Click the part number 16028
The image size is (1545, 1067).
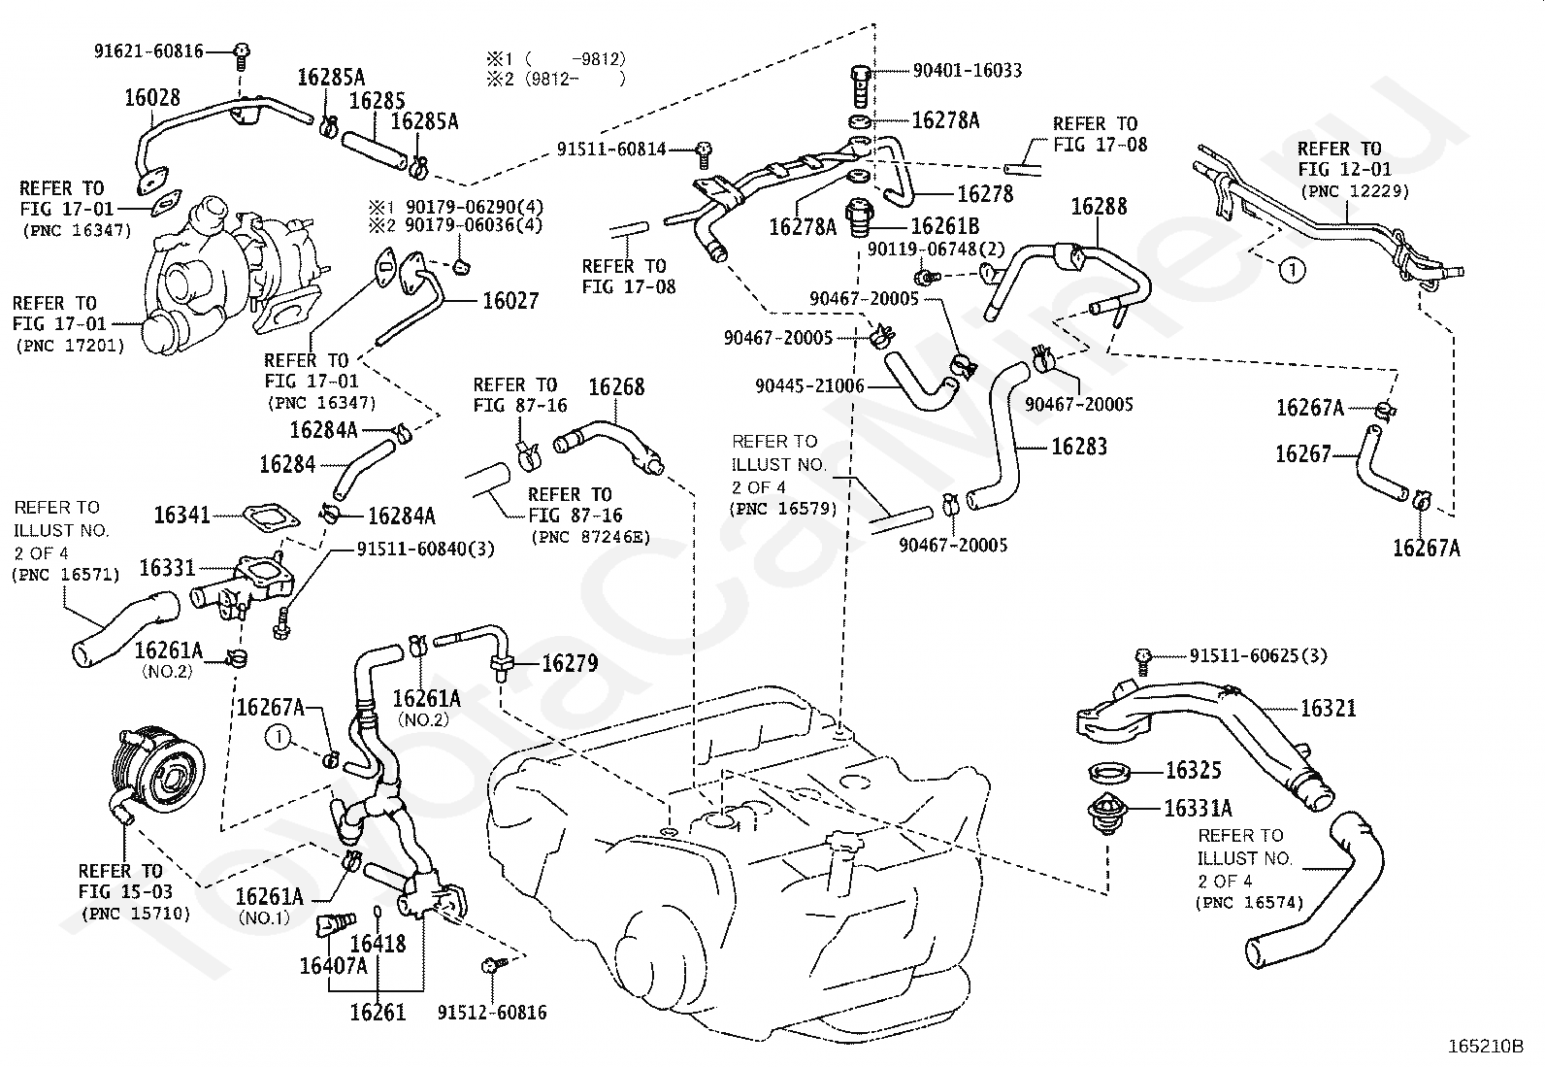(151, 97)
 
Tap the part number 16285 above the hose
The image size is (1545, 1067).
(377, 101)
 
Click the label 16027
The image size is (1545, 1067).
(510, 301)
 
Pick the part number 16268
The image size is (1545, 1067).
(616, 387)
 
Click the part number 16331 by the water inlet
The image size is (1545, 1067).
(167, 568)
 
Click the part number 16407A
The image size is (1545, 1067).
(333, 965)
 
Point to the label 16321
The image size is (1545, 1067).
(1328, 709)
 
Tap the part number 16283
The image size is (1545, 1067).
(1079, 447)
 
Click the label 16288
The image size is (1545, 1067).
(1099, 206)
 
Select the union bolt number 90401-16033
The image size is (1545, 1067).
(967, 71)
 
